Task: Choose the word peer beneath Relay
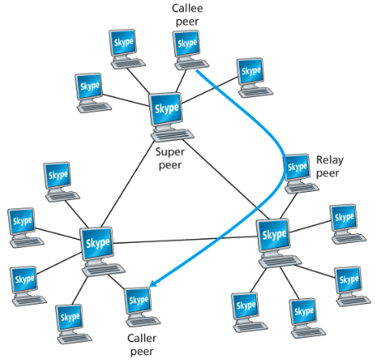click(x=328, y=173)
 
